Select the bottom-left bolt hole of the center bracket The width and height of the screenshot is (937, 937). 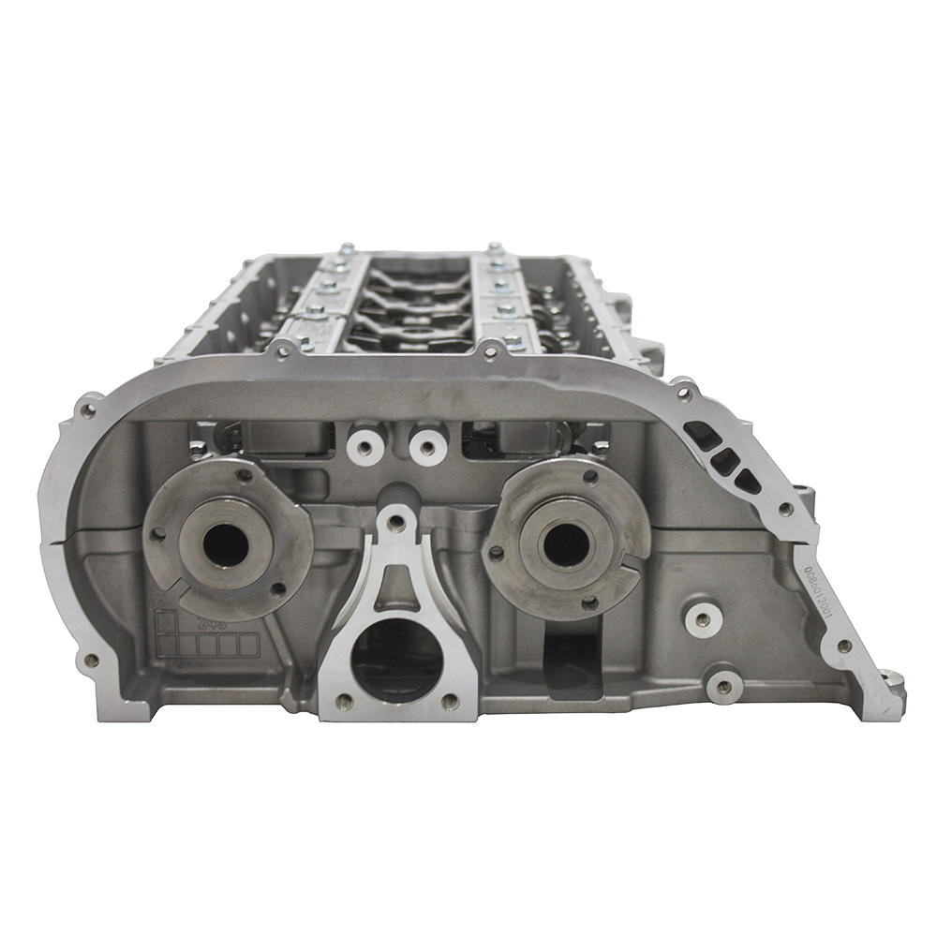point(344,700)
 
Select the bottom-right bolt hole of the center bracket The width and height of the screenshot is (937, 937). point(450,700)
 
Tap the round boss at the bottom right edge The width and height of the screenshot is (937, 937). point(723,685)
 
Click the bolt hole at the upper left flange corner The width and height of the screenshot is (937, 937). point(89,409)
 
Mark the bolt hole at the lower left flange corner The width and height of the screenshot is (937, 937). point(91,660)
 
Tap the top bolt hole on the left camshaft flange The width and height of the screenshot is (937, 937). point(244,475)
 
